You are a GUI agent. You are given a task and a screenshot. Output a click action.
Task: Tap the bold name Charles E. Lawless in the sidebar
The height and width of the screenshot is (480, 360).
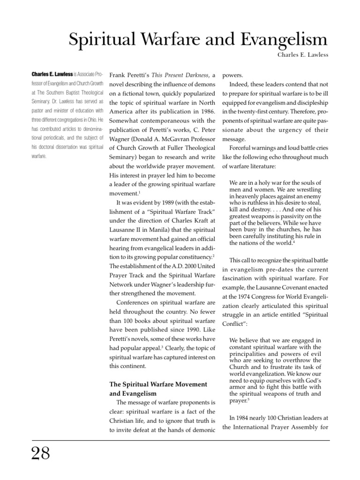pyautogui.click(x=52, y=75)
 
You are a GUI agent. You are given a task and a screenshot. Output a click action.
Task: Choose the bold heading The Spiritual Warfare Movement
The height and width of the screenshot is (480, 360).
pyautogui.click(x=158, y=384)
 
